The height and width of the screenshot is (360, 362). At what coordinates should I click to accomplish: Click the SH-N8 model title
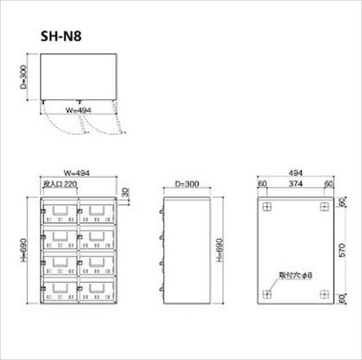[61, 35]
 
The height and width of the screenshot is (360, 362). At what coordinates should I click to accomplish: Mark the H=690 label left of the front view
[23, 251]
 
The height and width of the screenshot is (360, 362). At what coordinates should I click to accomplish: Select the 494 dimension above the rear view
[294, 173]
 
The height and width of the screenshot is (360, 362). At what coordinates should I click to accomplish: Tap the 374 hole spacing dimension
[294, 183]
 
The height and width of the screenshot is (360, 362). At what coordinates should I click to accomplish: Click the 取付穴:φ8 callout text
[295, 276]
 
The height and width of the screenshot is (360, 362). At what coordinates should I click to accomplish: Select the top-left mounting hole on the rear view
[267, 207]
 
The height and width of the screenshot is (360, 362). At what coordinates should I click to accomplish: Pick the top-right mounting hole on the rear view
[325, 207]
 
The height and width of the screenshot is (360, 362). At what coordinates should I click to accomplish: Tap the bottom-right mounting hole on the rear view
[325, 294]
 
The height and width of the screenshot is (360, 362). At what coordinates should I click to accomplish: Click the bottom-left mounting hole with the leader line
[267, 294]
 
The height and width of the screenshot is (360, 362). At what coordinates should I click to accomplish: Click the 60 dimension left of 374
[262, 183]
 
